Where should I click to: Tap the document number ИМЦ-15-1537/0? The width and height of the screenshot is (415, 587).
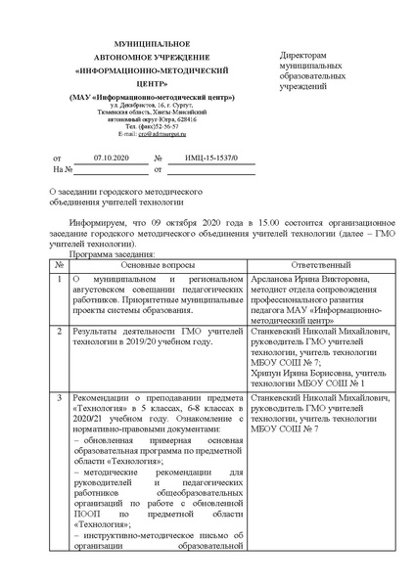[x=204, y=157]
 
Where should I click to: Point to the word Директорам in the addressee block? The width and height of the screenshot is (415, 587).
[x=303, y=59]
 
